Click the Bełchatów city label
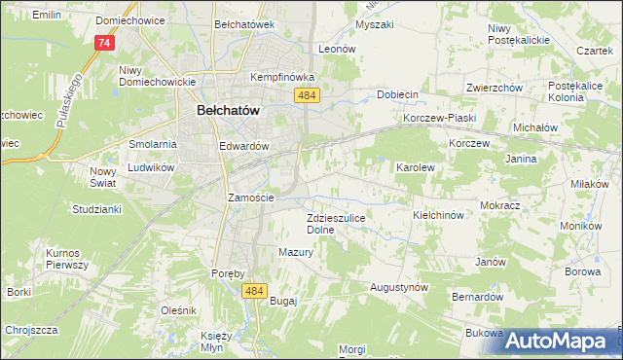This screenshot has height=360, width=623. click(x=228, y=111)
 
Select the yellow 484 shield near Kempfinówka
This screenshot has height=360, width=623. click(x=308, y=94)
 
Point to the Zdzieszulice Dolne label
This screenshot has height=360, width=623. click(x=335, y=224)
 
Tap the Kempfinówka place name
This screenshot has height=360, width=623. click(x=281, y=76)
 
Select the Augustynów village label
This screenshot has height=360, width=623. click(x=399, y=288)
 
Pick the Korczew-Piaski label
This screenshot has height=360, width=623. click(x=438, y=119)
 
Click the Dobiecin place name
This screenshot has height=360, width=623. click(x=397, y=94)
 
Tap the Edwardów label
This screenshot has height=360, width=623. click(x=243, y=146)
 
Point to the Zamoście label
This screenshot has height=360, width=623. click(x=250, y=198)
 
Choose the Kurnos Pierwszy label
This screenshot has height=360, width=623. click(x=67, y=259)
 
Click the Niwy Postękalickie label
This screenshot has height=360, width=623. click(x=519, y=34)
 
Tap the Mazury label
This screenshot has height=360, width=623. click(x=295, y=252)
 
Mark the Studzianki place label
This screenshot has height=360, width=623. click(x=94, y=209)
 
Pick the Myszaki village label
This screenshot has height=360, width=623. click(x=375, y=24)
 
